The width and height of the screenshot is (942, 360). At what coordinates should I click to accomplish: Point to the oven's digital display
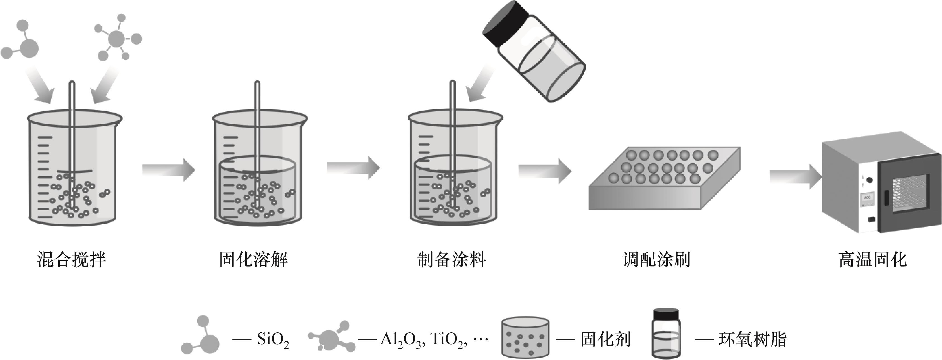pyautogui.click(x=867, y=197)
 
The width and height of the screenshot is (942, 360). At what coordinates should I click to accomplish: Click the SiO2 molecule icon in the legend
pyautogui.click(x=201, y=337)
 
